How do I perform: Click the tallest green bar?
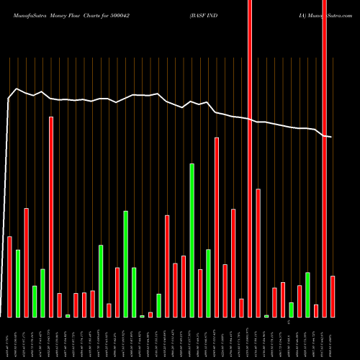[x=192, y=240]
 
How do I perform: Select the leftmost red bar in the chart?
[x=9, y=276]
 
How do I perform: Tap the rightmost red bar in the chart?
[x=333, y=296]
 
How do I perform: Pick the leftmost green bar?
[x=17, y=283]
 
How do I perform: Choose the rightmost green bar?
[x=307, y=294]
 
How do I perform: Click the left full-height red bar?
[x=250, y=158]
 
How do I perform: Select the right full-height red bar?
[x=325, y=158]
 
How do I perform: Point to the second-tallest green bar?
[x=125, y=264]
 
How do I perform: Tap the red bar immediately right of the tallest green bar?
[x=200, y=293]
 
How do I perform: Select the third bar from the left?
[x=26, y=262]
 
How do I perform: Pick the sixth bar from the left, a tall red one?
[x=51, y=216]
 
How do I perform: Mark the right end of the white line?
[x=331, y=137]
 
